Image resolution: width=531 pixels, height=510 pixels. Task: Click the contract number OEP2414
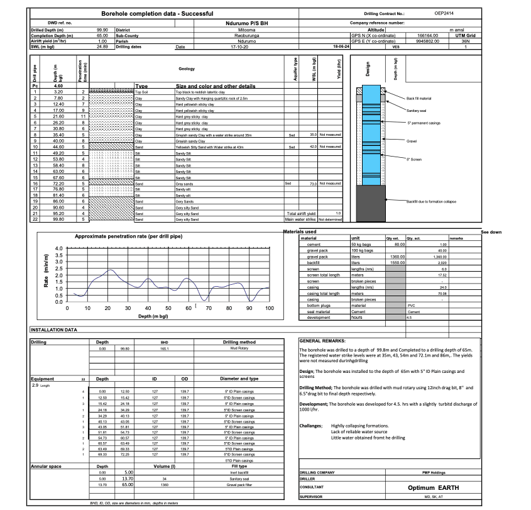(x=444, y=13)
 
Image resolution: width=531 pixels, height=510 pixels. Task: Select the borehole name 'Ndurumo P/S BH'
(x=226, y=22)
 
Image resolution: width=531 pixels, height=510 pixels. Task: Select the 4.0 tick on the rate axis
(x=58, y=249)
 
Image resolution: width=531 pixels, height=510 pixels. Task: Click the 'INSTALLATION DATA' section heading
(x=53, y=329)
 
